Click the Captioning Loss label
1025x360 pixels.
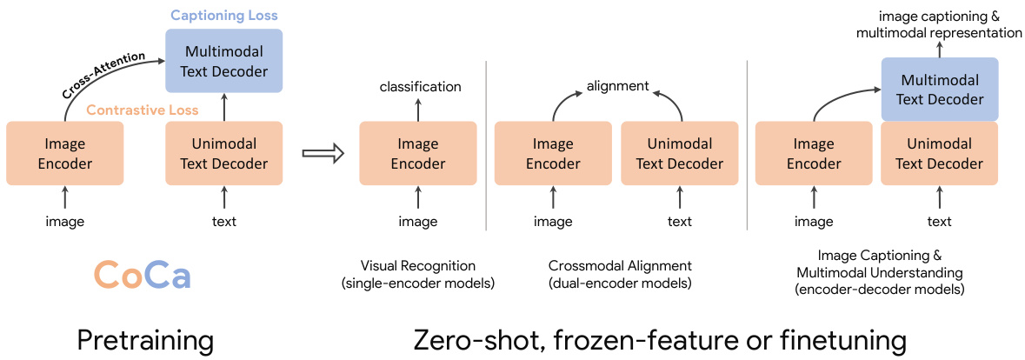(x=224, y=16)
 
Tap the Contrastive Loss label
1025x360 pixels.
(x=142, y=110)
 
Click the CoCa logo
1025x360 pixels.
(x=142, y=276)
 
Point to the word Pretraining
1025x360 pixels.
(x=145, y=339)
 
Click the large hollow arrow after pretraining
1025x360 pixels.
(x=323, y=153)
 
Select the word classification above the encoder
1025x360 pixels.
(x=421, y=86)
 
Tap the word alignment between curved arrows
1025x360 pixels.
(x=618, y=86)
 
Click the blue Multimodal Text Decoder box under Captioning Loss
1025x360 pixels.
(x=224, y=61)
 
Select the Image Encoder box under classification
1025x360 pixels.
(x=418, y=153)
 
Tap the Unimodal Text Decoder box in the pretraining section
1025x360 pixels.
(x=224, y=153)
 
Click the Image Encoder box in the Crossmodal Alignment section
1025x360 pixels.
(x=553, y=153)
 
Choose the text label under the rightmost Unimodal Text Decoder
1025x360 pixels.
(x=940, y=222)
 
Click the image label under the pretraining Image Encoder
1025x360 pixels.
(x=65, y=222)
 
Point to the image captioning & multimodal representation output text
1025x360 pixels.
(x=939, y=24)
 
